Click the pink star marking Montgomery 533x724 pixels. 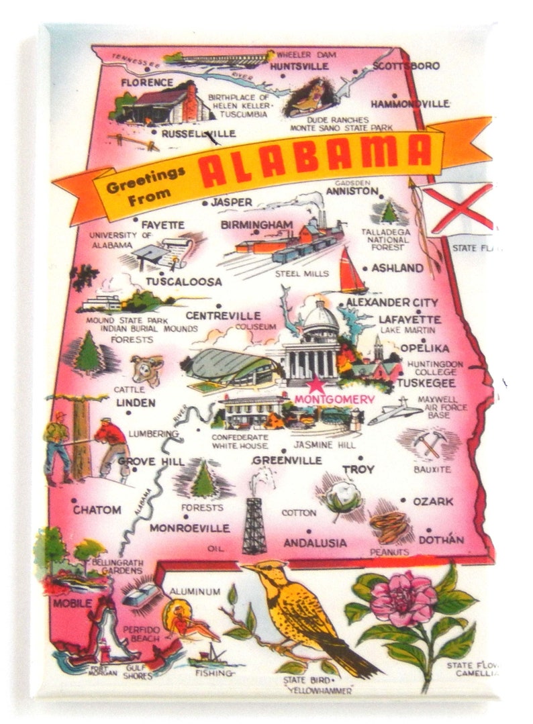tap(315, 385)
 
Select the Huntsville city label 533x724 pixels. tap(299, 66)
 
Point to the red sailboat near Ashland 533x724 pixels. tap(352, 272)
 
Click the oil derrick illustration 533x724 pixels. tap(254, 520)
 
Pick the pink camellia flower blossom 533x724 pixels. tap(402, 600)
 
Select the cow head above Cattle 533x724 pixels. tap(147, 370)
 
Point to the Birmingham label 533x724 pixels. tap(257, 224)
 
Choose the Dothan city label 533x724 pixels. tap(442, 539)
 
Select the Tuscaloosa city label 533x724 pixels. tap(183, 282)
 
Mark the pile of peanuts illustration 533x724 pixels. tap(389, 526)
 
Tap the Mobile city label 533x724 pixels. tap(72, 603)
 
